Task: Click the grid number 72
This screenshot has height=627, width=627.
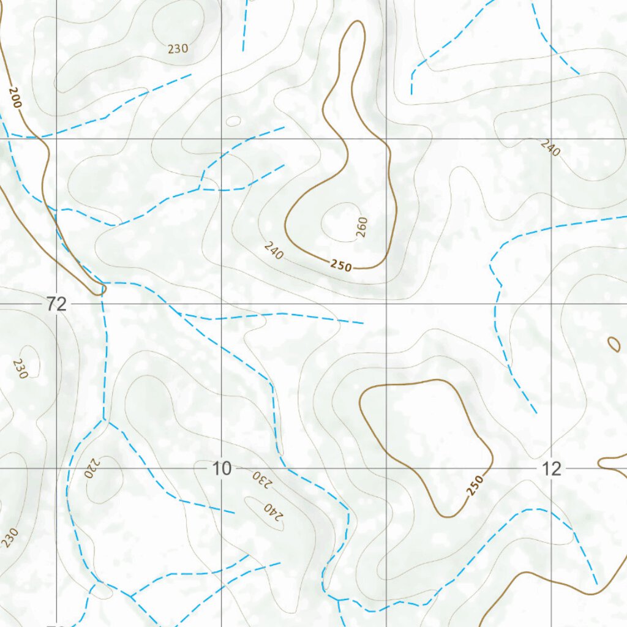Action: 56,304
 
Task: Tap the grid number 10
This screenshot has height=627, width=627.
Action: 222,469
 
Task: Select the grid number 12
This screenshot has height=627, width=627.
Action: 551,469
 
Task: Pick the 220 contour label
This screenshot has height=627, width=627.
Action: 91,468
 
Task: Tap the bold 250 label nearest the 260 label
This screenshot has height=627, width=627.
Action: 341,266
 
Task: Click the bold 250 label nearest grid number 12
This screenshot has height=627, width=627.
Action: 475,485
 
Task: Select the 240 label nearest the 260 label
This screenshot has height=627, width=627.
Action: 274,250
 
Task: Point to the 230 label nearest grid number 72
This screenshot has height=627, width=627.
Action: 20,369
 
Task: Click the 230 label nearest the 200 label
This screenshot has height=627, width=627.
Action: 178,49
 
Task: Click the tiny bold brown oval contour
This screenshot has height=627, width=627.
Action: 614,344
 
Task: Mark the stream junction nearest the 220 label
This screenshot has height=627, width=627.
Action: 103,419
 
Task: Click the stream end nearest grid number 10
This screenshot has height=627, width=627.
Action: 235,512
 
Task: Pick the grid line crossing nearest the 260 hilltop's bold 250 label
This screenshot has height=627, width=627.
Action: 386,304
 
